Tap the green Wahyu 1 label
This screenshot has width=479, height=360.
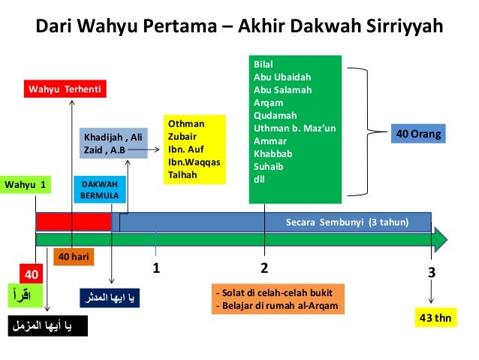tap(26, 184)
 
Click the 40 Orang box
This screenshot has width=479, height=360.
tap(418, 135)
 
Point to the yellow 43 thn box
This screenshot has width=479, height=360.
tap(435, 318)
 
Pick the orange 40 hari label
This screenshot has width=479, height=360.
tap(74, 257)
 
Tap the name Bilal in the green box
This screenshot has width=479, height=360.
tap(264, 65)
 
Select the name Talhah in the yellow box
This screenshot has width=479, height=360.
tap(182, 174)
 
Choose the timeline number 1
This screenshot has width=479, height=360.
tap(156, 268)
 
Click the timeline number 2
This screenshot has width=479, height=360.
tap(264, 268)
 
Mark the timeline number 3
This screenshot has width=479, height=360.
tap(432, 272)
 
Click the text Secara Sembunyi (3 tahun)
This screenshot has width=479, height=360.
tap(347, 222)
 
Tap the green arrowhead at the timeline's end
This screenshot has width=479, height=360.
tap(440, 239)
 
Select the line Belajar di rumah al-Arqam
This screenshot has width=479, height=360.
tap(276, 306)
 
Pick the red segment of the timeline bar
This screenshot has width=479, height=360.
tap(73, 222)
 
